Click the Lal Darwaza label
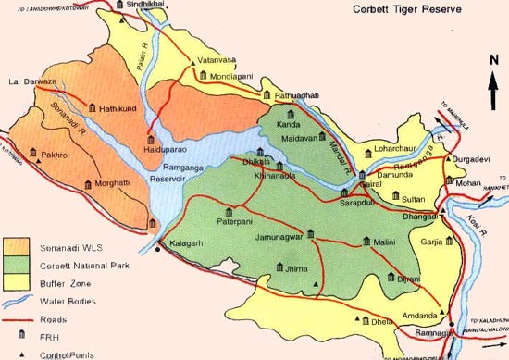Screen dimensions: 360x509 [x=28, y=82]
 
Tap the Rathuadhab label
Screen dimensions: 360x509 [x=297, y=96]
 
